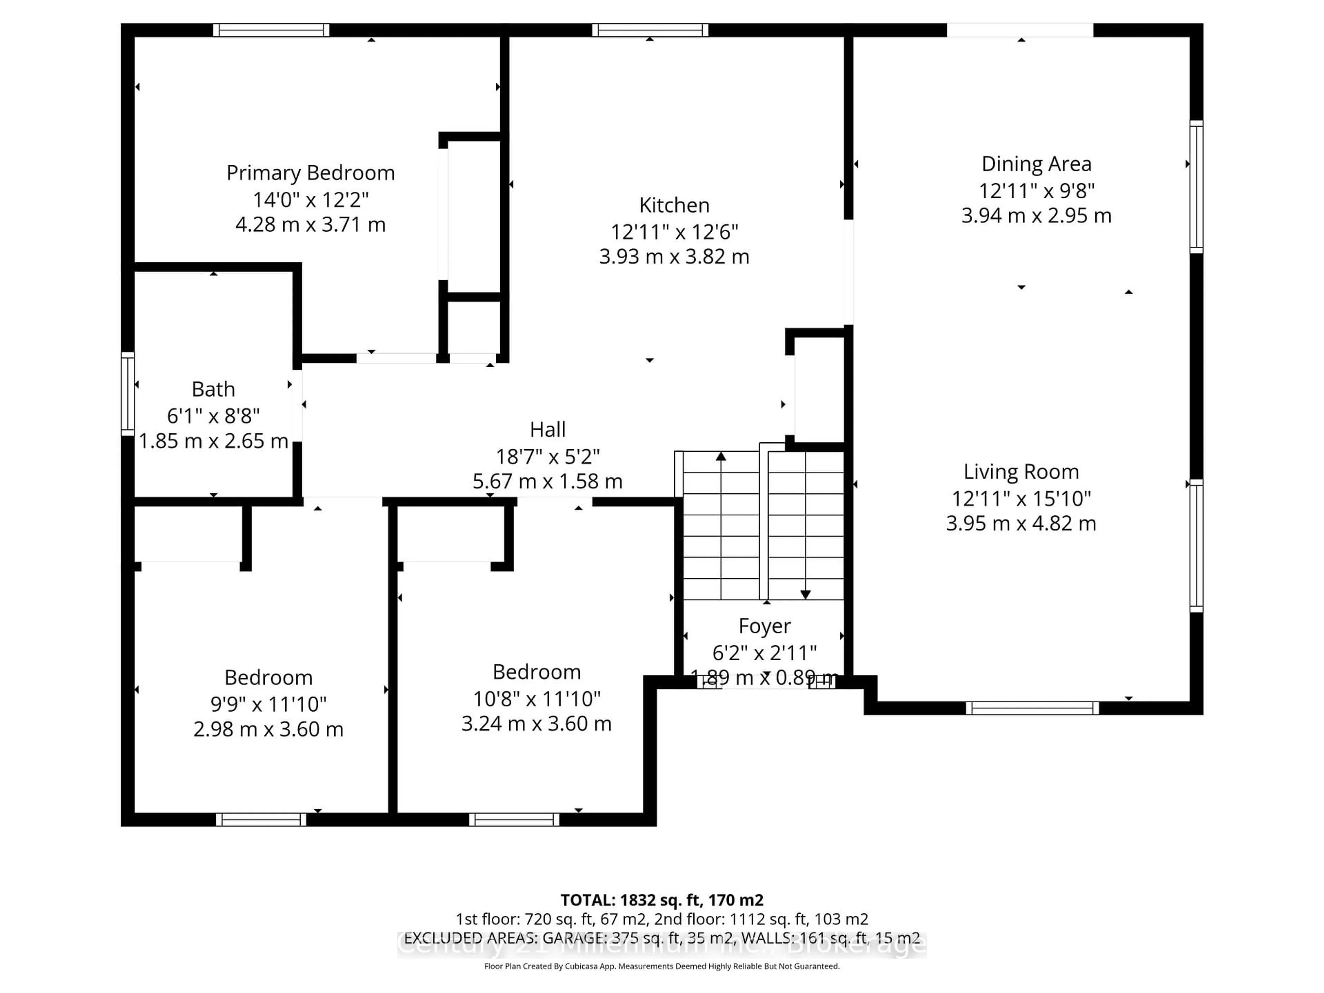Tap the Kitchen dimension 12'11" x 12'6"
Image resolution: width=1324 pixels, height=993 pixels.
pos(674,231)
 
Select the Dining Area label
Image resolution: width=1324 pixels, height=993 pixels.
pos(1036,164)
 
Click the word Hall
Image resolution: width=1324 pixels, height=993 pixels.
pos(547,430)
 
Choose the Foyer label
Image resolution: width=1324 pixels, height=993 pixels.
pos(764,626)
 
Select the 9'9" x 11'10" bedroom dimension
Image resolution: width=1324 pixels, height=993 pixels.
pos(268,704)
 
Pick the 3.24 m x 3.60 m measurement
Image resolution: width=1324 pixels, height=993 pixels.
pos(536,724)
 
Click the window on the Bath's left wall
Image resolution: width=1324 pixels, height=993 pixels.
pos(128,393)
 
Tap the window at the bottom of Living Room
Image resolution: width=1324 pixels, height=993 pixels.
pos(1032,708)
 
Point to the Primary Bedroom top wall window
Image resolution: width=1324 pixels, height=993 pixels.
pos(271,30)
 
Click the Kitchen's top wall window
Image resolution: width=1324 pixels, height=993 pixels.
pos(650,30)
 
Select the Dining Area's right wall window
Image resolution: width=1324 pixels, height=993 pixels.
pos(1195,187)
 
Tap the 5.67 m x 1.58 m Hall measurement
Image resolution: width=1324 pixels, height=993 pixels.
pos(547,481)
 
